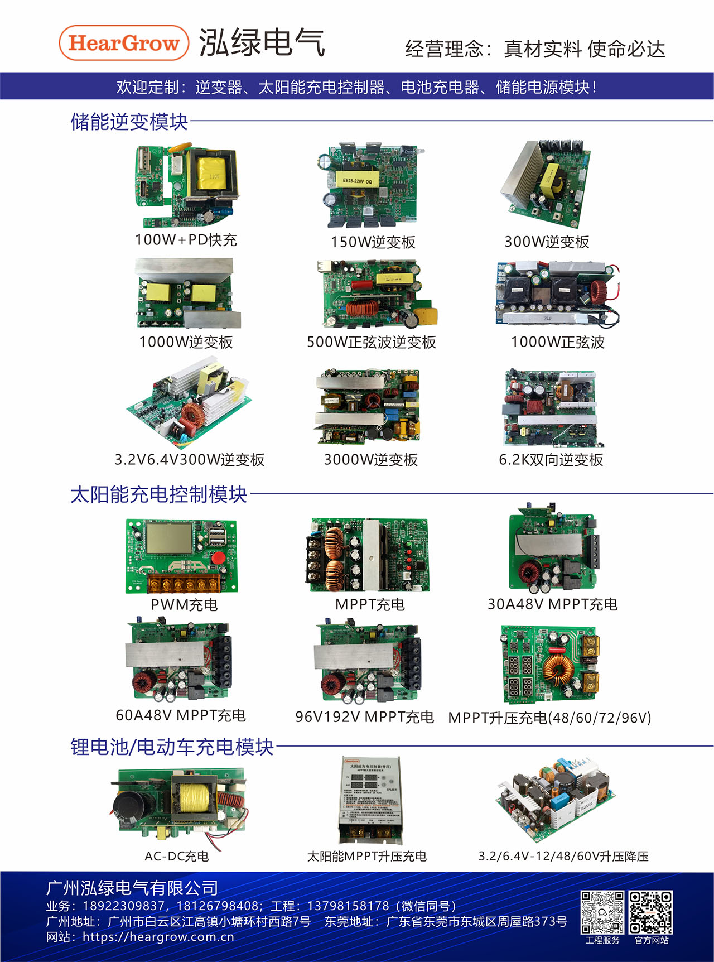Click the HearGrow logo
[x=124, y=43]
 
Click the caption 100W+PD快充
[x=186, y=240]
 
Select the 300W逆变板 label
[x=546, y=242]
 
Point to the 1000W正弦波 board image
[x=557, y=294]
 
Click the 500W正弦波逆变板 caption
[x=371, y=342]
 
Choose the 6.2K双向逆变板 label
[x=551, y=460]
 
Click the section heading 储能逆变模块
[x=129, y=122]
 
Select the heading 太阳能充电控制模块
[x=158, y=494]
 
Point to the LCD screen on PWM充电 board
[x=168, y=539]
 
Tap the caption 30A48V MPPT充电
[x=552, y=604]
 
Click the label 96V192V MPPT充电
[x=364, y=717]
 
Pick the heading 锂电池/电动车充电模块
[x=172, y=747]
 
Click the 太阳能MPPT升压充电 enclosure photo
[x=368, y=800]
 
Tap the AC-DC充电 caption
[x=176, y=856]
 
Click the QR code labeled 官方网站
[x=650, y=912]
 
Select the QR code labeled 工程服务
[x=602, y=912]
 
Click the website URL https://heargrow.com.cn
[x=158, y=937]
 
